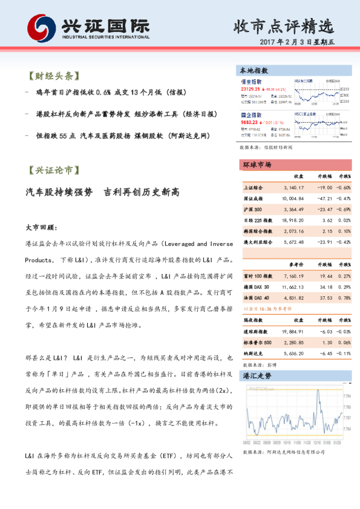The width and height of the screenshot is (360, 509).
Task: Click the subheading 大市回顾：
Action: (41, 229)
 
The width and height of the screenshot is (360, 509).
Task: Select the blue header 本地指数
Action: (254, 70)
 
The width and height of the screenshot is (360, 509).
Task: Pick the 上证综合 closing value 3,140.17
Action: (293, 187)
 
